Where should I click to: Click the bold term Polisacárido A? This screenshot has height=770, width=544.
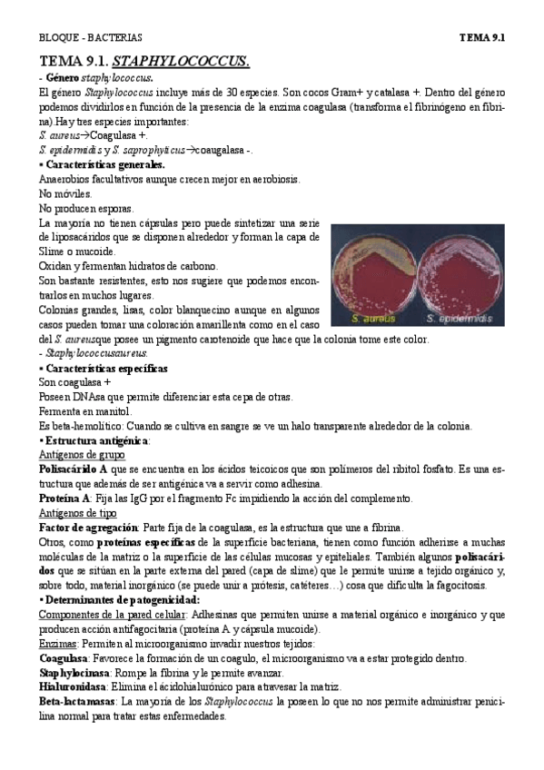75,469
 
